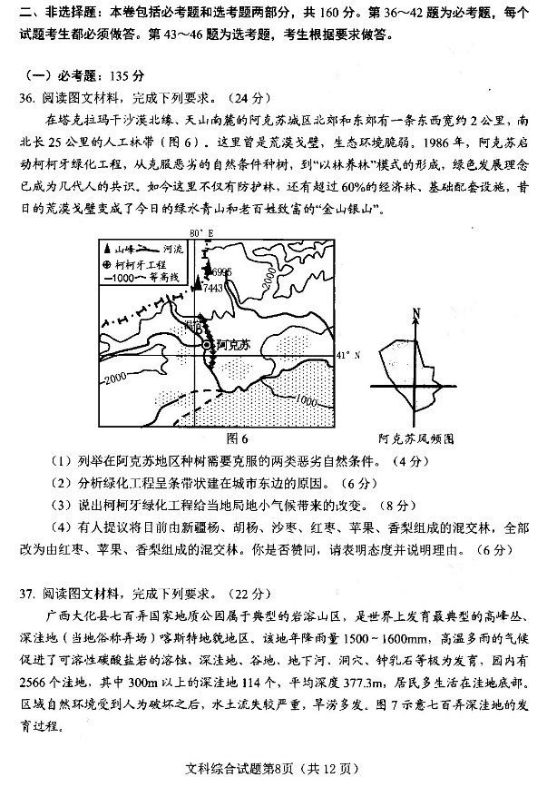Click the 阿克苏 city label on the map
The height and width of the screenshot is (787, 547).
point(233,345)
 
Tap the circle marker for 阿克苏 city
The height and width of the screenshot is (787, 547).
point(208,346)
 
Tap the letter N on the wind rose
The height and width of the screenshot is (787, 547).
point(415,315)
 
